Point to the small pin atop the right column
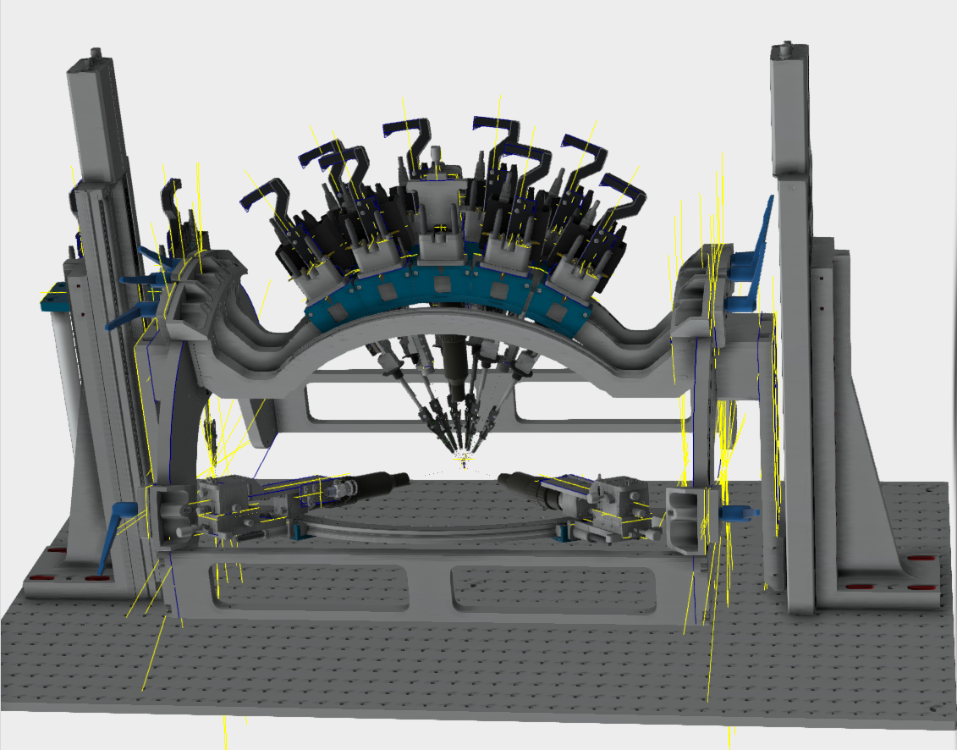[x=788, y=49]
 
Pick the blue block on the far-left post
[x=52, y=295]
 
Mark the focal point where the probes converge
[x=463, y=457]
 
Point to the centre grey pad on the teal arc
[x=440, y=282]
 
